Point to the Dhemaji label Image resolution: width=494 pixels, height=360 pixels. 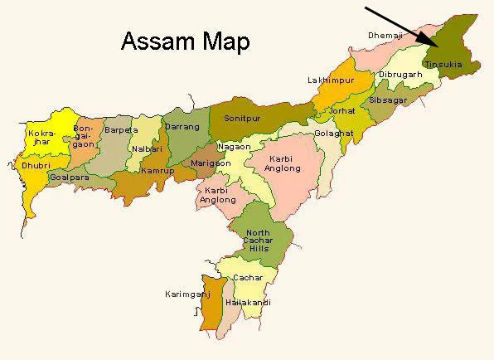click(385, 35)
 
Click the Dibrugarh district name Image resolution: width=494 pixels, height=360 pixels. click(400, 74)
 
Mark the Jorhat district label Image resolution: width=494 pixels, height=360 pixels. click(341, 110)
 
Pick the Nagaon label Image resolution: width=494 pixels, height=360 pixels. click(233, 146)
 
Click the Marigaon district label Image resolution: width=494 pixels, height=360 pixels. click(207, 163)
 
